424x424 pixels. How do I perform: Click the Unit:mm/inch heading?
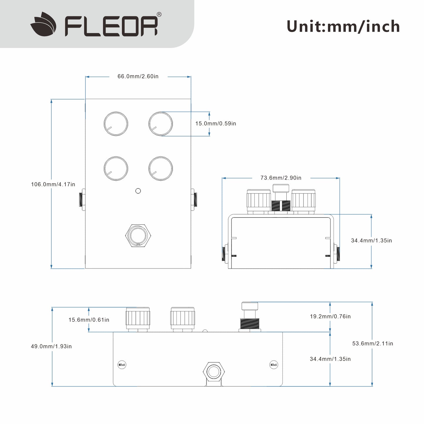coord(343,26)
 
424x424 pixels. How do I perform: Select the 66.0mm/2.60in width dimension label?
coord(138,76)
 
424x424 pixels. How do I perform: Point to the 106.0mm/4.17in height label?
coord(53,184)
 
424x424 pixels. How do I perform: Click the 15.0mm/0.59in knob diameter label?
coord(216,124)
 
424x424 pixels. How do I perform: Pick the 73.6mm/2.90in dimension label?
coord(281,178)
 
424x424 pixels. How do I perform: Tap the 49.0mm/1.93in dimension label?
coord(51,346)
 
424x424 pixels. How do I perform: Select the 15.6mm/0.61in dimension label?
coord(89,320)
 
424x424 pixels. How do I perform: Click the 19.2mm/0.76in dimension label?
coord(330,316)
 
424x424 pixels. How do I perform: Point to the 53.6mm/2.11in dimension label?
coord(373,343)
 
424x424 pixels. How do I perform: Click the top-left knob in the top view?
coord(116,124)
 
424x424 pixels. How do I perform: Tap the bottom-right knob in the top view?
coord(161,168)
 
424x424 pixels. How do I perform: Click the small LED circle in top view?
coord(138,191)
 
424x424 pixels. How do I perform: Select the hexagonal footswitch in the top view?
coord(138,235)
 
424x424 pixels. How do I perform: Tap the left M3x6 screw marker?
coord(122,365)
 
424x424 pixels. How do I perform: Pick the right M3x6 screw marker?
coord(273,365)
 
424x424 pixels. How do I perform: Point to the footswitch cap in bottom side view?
coord(249,306)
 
